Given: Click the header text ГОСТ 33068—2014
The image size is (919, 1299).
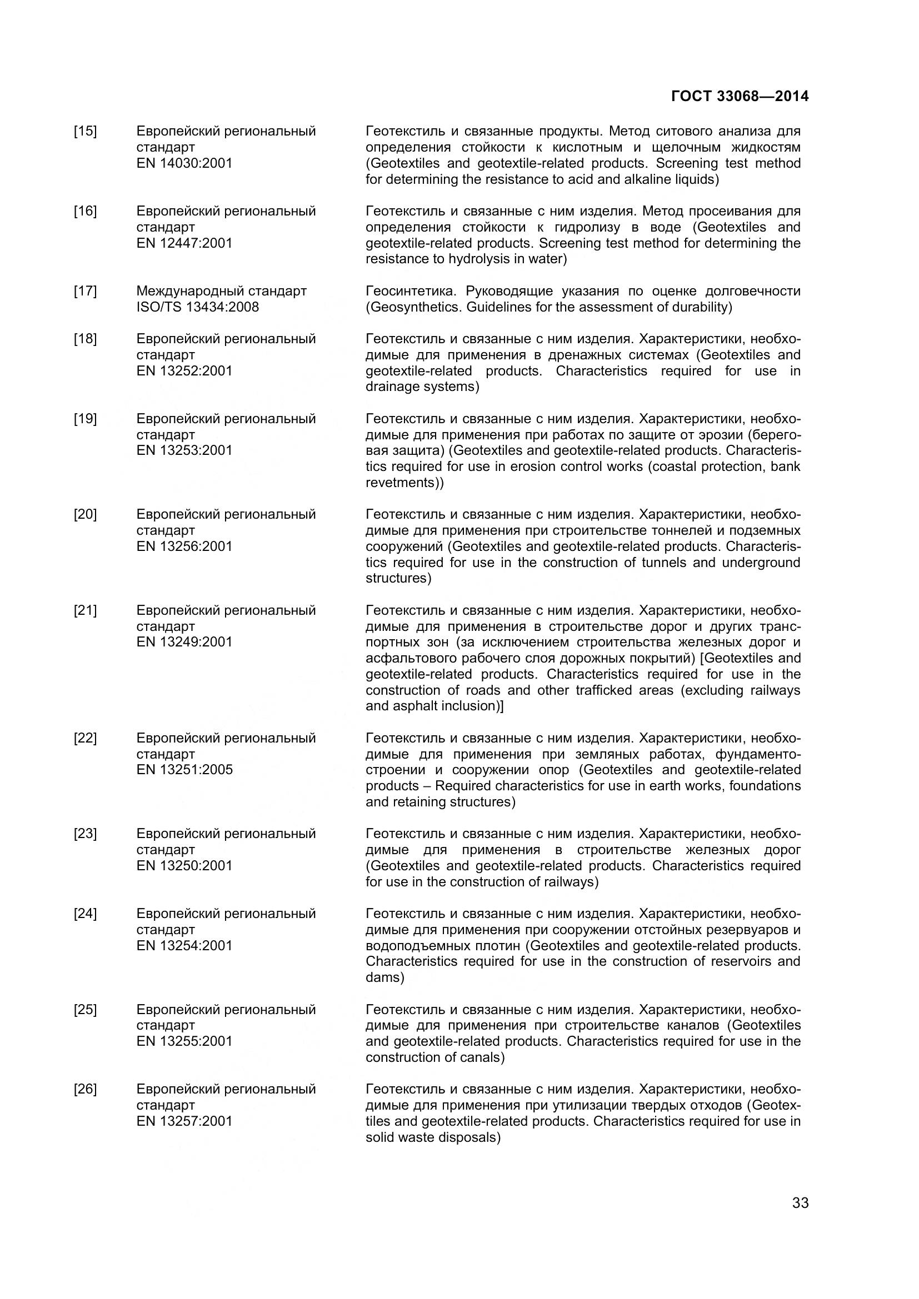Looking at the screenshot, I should click(x=740, y=96).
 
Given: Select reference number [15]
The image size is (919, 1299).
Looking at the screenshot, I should click(x=85, y=131).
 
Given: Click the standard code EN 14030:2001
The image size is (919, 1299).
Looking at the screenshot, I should click(x=184, y=163).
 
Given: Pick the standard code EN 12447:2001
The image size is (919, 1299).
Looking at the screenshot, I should click(x=184, y=243).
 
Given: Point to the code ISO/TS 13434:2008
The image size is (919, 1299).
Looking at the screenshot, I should click(x=197, y=307).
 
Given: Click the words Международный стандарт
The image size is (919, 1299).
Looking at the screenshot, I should click(x=221, y=291).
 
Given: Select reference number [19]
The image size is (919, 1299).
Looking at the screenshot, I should click(x=85, y=419).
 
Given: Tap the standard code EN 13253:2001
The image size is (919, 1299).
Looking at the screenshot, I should click(x=184, y=450).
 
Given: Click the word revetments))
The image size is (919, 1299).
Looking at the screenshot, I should click(x=404, y=483).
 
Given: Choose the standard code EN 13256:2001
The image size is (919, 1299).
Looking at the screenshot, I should click(x=184, y=546).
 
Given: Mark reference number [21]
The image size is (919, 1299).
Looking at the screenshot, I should click(x=85, y=610).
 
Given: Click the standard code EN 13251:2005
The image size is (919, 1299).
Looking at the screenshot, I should click(x=184, y=769).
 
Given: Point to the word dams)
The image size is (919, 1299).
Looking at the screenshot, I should click(x=385, y=977).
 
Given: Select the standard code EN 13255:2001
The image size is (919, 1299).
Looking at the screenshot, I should click(x=184, y=1041).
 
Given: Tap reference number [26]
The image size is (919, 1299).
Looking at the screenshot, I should click(x=85, y=1089).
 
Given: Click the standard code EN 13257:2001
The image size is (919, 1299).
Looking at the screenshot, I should click(x=184, y=1121).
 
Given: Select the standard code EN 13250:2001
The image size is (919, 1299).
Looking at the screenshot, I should click(x=184, y=866).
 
